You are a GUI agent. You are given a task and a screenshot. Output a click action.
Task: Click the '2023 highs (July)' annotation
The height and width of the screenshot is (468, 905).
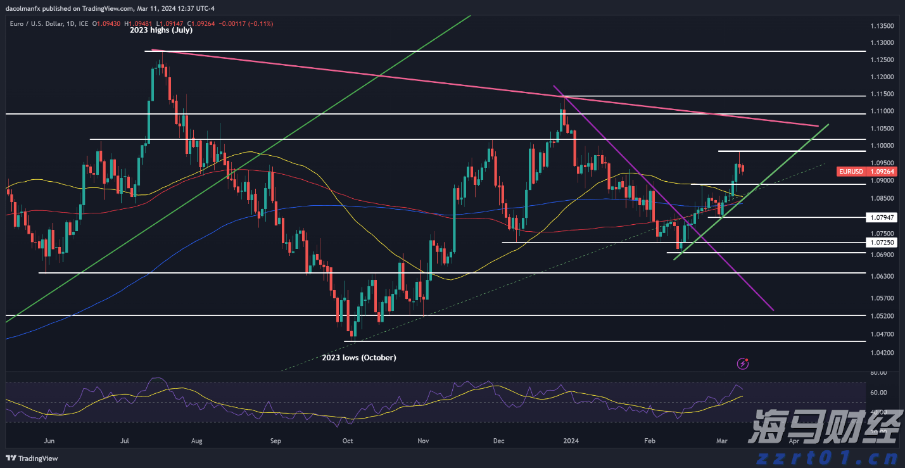(161, 30)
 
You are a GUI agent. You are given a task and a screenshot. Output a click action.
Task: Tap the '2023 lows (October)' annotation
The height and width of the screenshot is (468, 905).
(359, 358)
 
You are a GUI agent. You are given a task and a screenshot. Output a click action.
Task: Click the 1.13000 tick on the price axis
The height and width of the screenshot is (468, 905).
(882, 42)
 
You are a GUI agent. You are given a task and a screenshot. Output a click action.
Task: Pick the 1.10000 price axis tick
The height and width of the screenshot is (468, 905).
(882, 146)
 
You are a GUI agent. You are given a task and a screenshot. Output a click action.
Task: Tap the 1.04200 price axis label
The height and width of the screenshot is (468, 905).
(882, 352)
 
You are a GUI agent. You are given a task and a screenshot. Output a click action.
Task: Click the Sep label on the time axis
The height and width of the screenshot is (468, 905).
(275, 440)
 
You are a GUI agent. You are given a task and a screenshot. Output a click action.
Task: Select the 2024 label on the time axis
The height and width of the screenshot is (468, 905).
(572, 440)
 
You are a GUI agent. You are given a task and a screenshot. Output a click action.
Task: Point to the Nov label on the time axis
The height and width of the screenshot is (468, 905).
(424, 440)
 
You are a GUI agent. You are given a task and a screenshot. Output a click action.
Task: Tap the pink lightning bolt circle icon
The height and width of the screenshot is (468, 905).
(744, 364)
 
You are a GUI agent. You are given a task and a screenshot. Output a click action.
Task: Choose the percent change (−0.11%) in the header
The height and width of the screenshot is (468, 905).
(260, 23)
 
